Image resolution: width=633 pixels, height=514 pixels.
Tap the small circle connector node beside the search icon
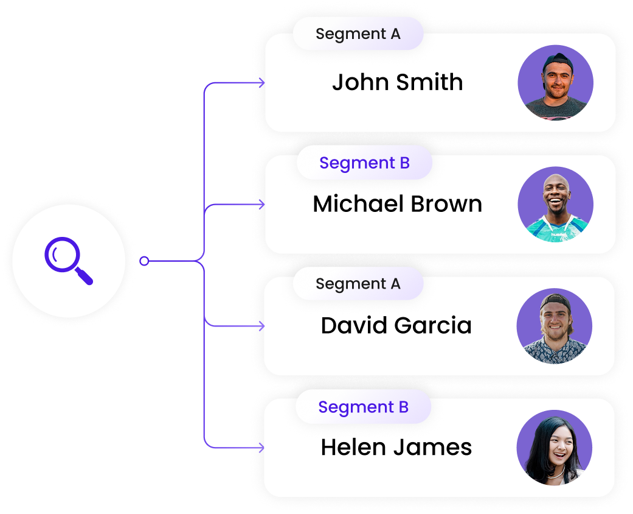144,261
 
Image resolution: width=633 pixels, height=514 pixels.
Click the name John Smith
397,82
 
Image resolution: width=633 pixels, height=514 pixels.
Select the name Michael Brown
397,204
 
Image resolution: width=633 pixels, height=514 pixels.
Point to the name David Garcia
396,326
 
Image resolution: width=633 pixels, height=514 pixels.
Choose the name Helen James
396,448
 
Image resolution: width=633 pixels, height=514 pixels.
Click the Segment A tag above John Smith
358,34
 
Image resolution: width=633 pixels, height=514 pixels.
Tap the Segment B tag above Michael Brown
364,163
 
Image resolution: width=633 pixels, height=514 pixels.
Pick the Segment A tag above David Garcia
358,284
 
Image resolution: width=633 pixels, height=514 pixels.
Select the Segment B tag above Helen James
363,407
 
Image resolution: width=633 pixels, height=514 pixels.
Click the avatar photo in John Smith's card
555,83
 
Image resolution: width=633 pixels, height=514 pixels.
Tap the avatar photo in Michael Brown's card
555,205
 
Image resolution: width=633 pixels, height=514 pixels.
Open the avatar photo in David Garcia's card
554,326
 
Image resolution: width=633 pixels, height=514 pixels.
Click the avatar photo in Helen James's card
554,448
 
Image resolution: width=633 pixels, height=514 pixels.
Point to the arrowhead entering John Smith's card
261,83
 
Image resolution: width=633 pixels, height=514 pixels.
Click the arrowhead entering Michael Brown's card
261,205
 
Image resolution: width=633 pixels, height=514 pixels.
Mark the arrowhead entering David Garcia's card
261,326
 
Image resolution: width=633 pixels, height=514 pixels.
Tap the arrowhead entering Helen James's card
261,448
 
